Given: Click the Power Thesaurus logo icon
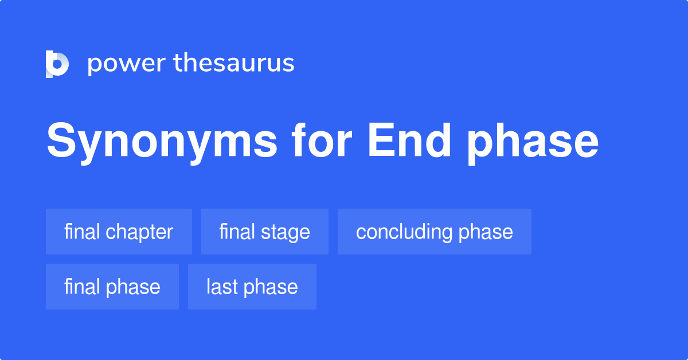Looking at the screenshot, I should (57, 64).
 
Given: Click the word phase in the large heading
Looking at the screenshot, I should (531, 142).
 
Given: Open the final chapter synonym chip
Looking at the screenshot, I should (119, 232).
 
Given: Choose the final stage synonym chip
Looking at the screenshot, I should (264, 232).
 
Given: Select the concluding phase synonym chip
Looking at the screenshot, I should (434, 232).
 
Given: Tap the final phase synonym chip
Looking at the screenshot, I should (112, 287).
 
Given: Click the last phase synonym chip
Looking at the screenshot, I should (252, 287).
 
